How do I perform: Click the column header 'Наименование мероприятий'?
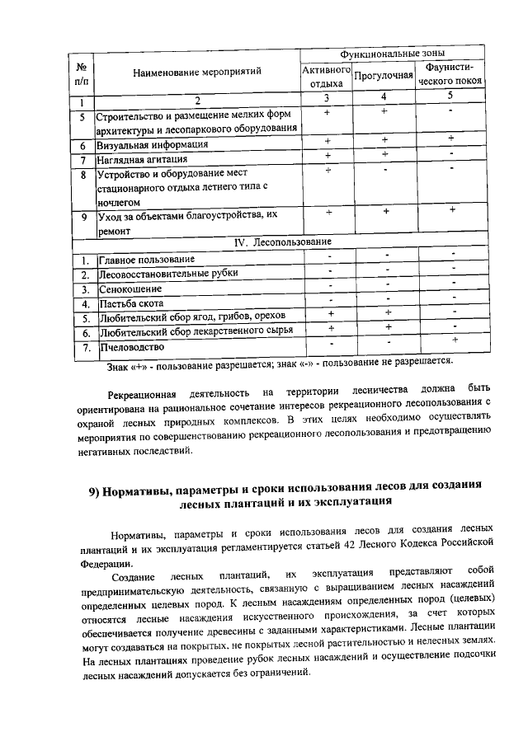pyautogui.click(x=197, y=72)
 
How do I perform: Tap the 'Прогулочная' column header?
pyautogui.click(x=383, y=76)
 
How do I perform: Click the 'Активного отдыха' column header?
pyautogui.click(x=327, y=76)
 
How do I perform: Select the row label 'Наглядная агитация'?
pyautogui.click(x=143, y=158)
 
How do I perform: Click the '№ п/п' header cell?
pyautogui.click(x=83, y=72)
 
